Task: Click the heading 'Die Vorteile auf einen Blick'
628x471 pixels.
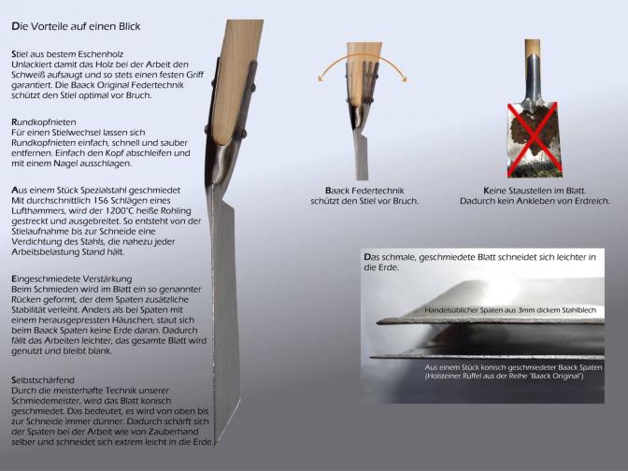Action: coord(76,26)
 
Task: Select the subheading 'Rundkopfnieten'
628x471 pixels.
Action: coord(44,122)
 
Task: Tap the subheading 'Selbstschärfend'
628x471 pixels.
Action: coord(43,380)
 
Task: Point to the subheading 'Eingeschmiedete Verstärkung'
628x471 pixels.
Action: coord(72,278)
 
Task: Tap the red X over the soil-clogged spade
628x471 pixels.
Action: coord(533,139)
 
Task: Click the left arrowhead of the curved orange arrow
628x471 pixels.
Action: coord(321,78)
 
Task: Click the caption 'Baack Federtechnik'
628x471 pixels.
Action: coord(364,191)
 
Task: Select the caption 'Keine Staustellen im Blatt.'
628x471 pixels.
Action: coord(535,191)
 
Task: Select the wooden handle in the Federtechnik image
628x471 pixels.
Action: coord(364,72)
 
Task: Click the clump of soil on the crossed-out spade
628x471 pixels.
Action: coord(533,129)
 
